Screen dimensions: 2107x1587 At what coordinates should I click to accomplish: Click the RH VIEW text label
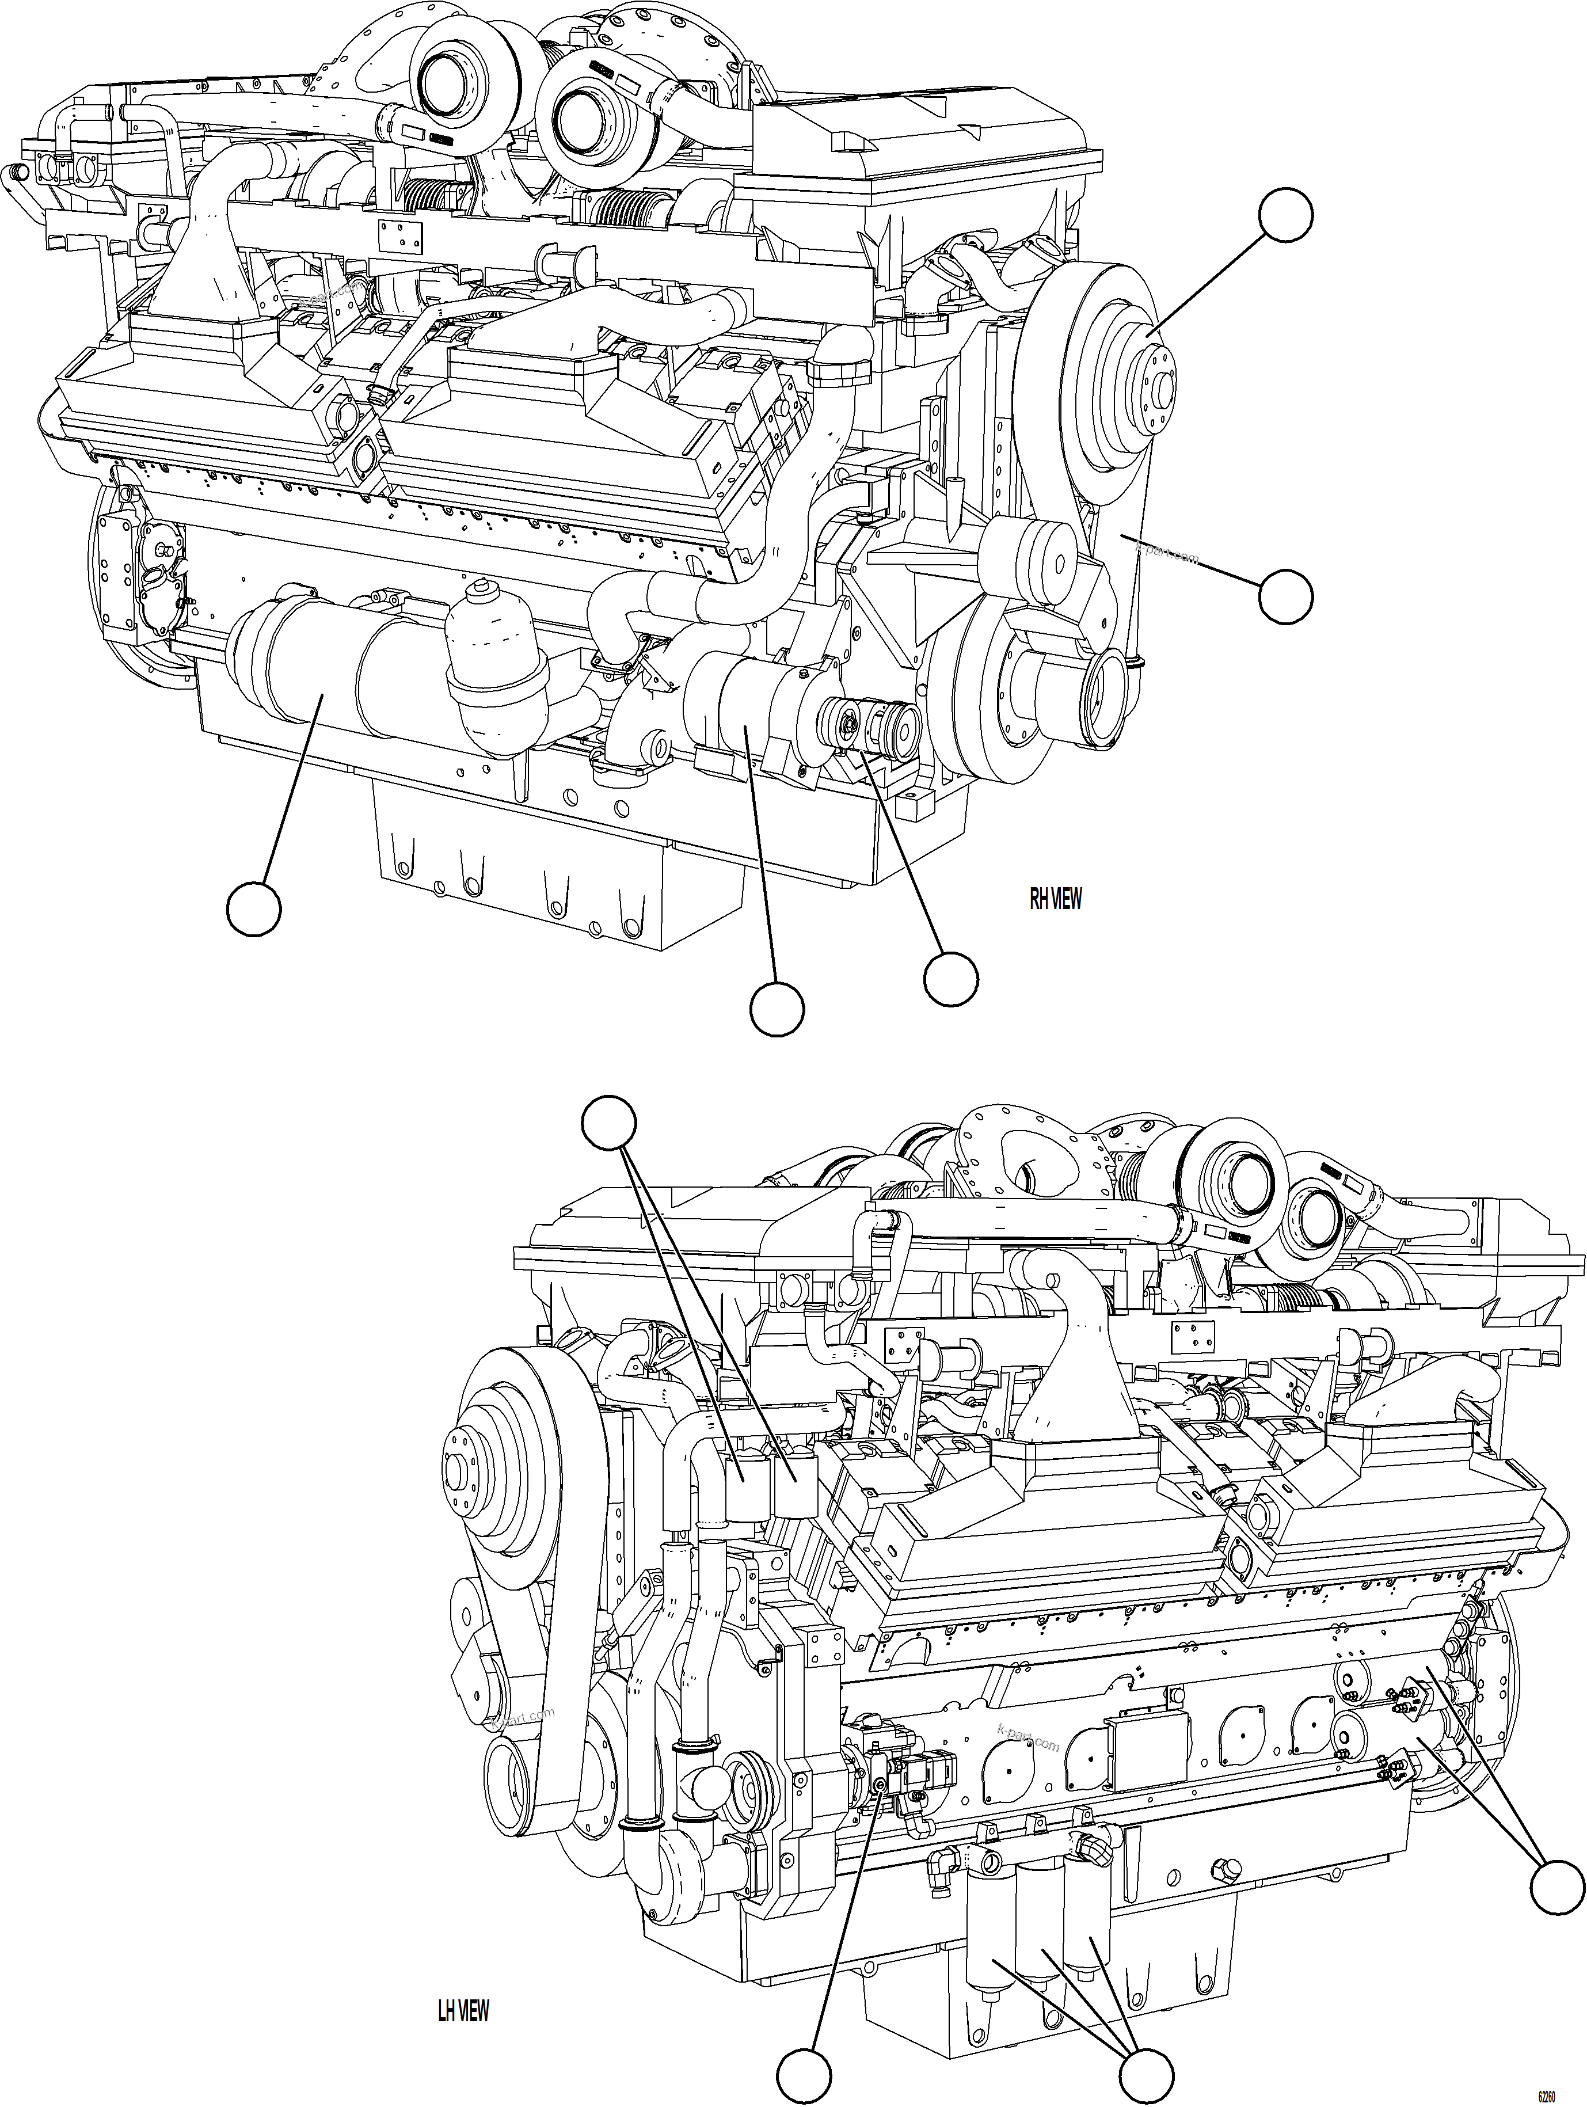click(x=1056, y=898)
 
